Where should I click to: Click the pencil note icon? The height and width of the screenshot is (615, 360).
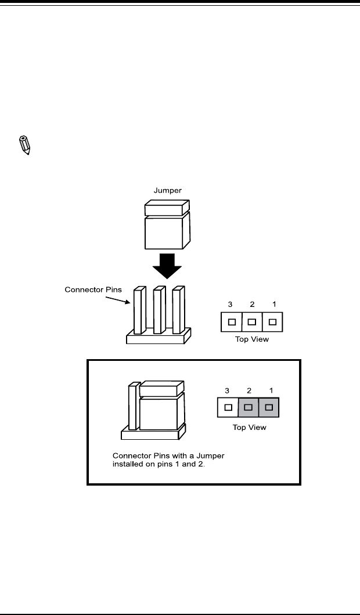[25, 146]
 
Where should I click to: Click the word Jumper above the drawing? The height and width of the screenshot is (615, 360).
[167, 191]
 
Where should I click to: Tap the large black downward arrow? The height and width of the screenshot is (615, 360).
[167, 266]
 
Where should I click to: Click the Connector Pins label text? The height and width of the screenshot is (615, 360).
[93, 290]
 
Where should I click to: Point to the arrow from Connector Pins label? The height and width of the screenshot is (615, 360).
[118, 299]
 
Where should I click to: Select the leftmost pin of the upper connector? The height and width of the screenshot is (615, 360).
[140, 310]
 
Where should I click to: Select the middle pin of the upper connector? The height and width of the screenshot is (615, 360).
[160, 310]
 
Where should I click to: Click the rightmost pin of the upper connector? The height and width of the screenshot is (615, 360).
[179, 310]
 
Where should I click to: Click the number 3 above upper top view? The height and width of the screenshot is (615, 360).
[230, 304]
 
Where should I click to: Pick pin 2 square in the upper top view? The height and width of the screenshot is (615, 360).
[252, 322]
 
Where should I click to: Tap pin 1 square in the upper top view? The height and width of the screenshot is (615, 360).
[272, 322]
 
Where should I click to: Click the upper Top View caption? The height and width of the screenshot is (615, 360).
[251, 339]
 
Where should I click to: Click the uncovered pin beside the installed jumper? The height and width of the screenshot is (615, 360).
[135, 406]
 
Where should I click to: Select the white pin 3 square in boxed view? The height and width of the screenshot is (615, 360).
[228, 407]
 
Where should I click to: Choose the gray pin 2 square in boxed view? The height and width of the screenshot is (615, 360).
[248, 407]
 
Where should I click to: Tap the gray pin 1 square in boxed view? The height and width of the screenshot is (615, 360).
[269, 407]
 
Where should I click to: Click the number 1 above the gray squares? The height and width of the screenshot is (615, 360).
[271, 390]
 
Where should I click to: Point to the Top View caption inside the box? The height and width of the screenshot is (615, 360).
[249, 427]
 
